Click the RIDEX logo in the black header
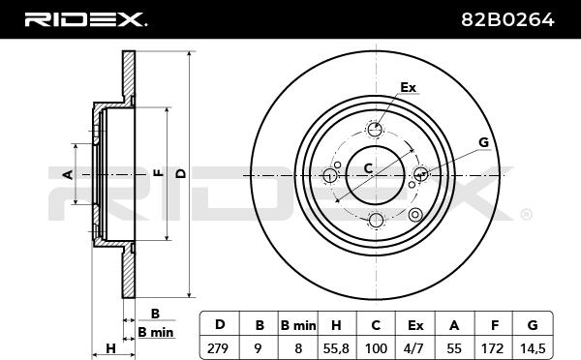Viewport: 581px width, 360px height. [85, 19]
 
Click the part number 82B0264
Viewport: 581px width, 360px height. [507, 19]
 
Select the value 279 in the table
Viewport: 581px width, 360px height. [218, 348]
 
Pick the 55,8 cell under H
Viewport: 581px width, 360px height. [336, 348]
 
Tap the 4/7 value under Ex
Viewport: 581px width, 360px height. [415, 348]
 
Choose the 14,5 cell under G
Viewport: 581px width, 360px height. [533, 348]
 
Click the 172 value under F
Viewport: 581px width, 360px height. [493, 348]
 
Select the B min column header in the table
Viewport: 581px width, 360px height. [298, 325]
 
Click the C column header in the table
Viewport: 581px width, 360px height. [376, 325]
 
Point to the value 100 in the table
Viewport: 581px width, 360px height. [376, 348]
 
